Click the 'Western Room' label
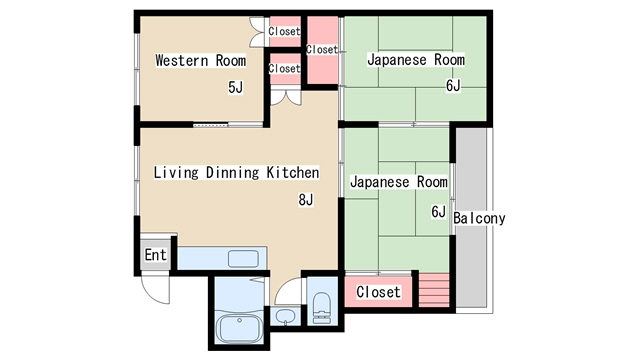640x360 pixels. (200, 60)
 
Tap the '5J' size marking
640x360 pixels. (235, 87)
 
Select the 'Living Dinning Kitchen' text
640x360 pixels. (236, 172)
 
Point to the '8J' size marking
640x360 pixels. (306, 199)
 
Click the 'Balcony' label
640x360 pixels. (479, 218)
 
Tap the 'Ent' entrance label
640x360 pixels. (155, 255)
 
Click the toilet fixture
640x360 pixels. (322, 308)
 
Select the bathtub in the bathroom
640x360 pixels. (239, 328)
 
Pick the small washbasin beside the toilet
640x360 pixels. (285, 318)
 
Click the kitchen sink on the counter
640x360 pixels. (243, 258)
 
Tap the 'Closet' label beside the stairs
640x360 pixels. (378, 292)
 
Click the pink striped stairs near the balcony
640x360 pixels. (435, 291)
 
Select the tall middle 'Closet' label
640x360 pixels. (321, 49)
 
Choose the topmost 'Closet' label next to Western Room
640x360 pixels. (284, 31)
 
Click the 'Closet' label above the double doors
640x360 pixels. (284, 68)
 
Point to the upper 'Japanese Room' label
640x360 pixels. (415, 60)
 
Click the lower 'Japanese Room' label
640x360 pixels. (397, 182)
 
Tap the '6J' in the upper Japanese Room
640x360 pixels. (453, 85)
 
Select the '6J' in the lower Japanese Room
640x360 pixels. (438, 211)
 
